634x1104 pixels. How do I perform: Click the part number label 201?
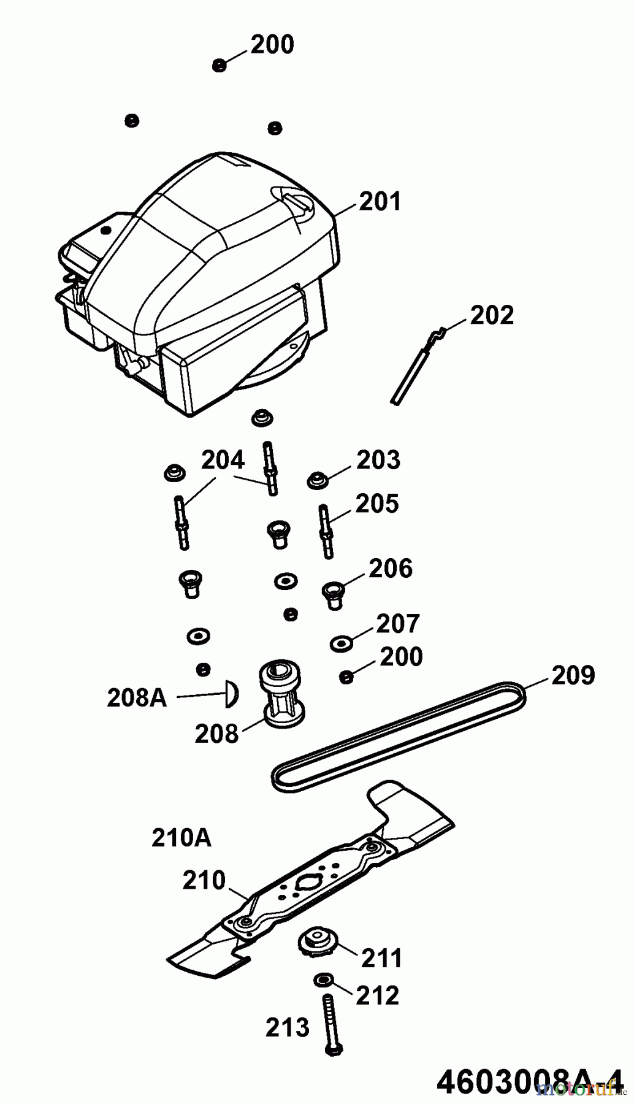pyautogui.click(x=380, y=201)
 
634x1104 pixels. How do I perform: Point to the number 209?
pyautogui.click(x=573, y=675)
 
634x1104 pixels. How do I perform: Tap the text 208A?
pyautogui.click(x=136, y=698)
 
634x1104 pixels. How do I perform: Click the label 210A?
pyautogui.click(x=181, y=838)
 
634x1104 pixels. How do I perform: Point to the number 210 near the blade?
pyautogui.click(x=204, y=881)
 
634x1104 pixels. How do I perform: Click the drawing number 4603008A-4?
pyautogui.click(x=526, y=1083)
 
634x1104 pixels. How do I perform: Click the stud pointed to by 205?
pyautogui.click(x=326, y=531)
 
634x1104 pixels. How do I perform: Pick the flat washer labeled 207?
pyautogui.click(x=340, y=643)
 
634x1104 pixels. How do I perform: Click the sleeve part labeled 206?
pyautogui.click(x=333, y=594)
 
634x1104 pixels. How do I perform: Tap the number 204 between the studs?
pyautogui.click(x=223, y=460)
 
